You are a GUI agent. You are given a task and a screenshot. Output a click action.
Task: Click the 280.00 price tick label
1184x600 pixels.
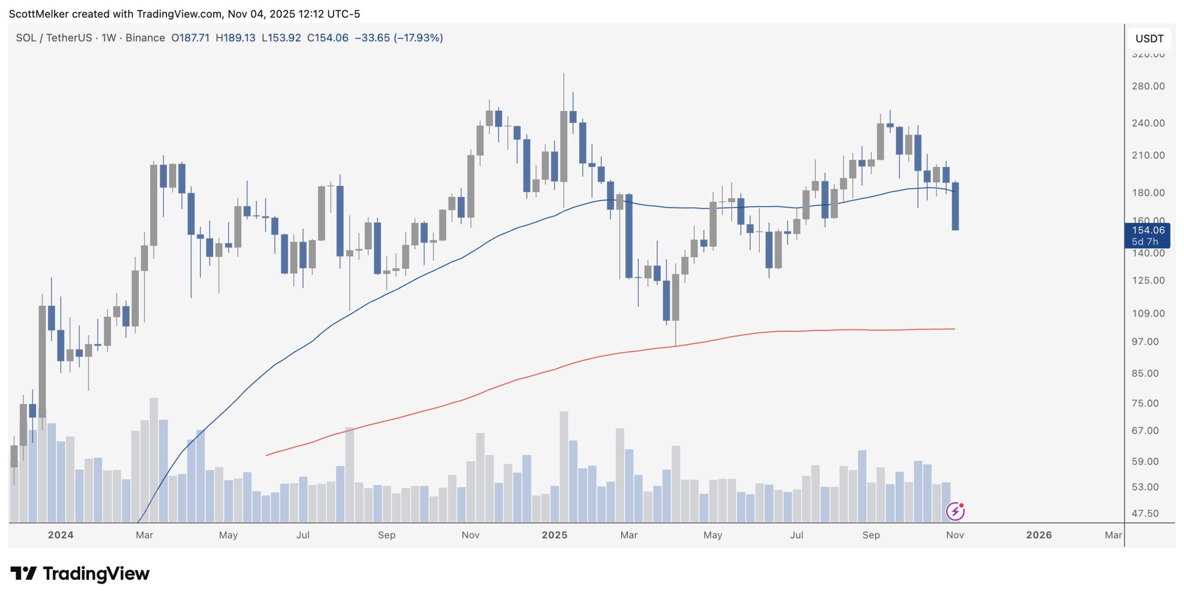1147,86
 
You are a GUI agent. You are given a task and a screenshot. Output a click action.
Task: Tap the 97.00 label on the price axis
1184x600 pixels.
1145,342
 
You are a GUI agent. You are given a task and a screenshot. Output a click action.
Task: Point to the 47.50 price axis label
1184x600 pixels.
1145,513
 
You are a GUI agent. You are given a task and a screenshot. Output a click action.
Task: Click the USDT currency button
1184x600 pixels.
1149,39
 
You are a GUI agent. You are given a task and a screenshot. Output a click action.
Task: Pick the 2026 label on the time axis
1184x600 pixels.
1038,535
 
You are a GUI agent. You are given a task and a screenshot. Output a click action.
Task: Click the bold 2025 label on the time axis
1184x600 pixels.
554,535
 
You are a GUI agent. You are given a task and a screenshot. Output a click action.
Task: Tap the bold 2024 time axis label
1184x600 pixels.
61,535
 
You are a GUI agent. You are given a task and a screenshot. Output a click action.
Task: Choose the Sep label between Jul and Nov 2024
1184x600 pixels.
386,535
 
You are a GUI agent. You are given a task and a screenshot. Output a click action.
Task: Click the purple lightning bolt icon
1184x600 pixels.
955,511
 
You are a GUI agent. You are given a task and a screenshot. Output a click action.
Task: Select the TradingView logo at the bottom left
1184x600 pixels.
80,574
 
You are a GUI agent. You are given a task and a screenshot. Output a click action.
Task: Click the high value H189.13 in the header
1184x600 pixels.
235,38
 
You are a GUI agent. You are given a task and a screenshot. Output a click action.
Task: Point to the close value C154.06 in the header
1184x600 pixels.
327,38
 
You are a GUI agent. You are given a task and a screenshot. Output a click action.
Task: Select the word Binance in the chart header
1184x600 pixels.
145,38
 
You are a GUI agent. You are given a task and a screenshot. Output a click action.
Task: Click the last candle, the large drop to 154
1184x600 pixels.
955,206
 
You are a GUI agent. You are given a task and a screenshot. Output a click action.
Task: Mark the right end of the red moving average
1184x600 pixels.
954,329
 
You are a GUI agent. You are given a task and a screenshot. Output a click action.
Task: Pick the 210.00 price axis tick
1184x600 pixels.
1147,155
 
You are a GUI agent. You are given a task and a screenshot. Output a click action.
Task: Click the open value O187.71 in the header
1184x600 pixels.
190,38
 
